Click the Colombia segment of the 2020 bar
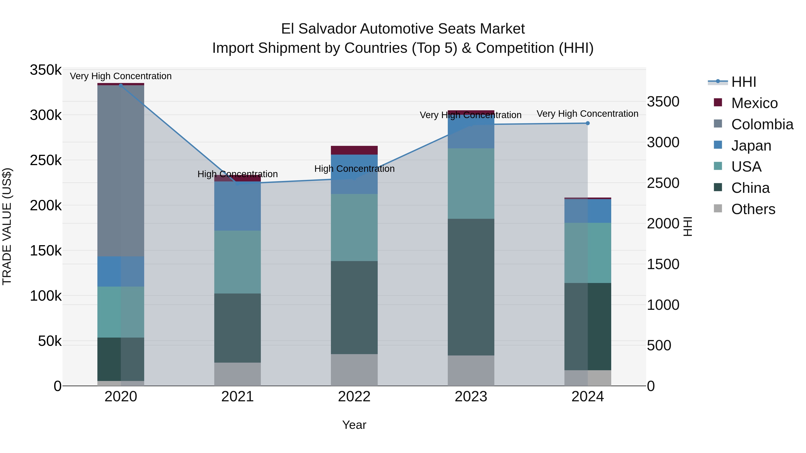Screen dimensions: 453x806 (120, 170)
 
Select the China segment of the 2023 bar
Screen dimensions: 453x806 (471, 287)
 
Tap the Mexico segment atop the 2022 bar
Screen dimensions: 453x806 (354, 150)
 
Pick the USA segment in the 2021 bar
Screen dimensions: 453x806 (238, 262)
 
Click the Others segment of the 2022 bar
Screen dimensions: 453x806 (354, 370)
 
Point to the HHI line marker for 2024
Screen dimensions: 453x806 (588, 123)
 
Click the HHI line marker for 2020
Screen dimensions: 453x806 (121, 85)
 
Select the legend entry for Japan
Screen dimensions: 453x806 (751, 146)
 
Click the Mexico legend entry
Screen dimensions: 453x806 (754, 103)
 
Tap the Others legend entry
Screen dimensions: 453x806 (753, 209)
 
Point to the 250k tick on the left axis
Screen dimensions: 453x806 (46, 160)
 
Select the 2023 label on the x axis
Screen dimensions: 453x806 (471, 397)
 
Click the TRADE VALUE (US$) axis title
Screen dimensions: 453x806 (7, 226)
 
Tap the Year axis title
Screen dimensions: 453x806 (354, 425)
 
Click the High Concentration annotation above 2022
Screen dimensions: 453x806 (354, 169)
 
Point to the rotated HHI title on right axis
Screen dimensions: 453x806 (687, 226)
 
